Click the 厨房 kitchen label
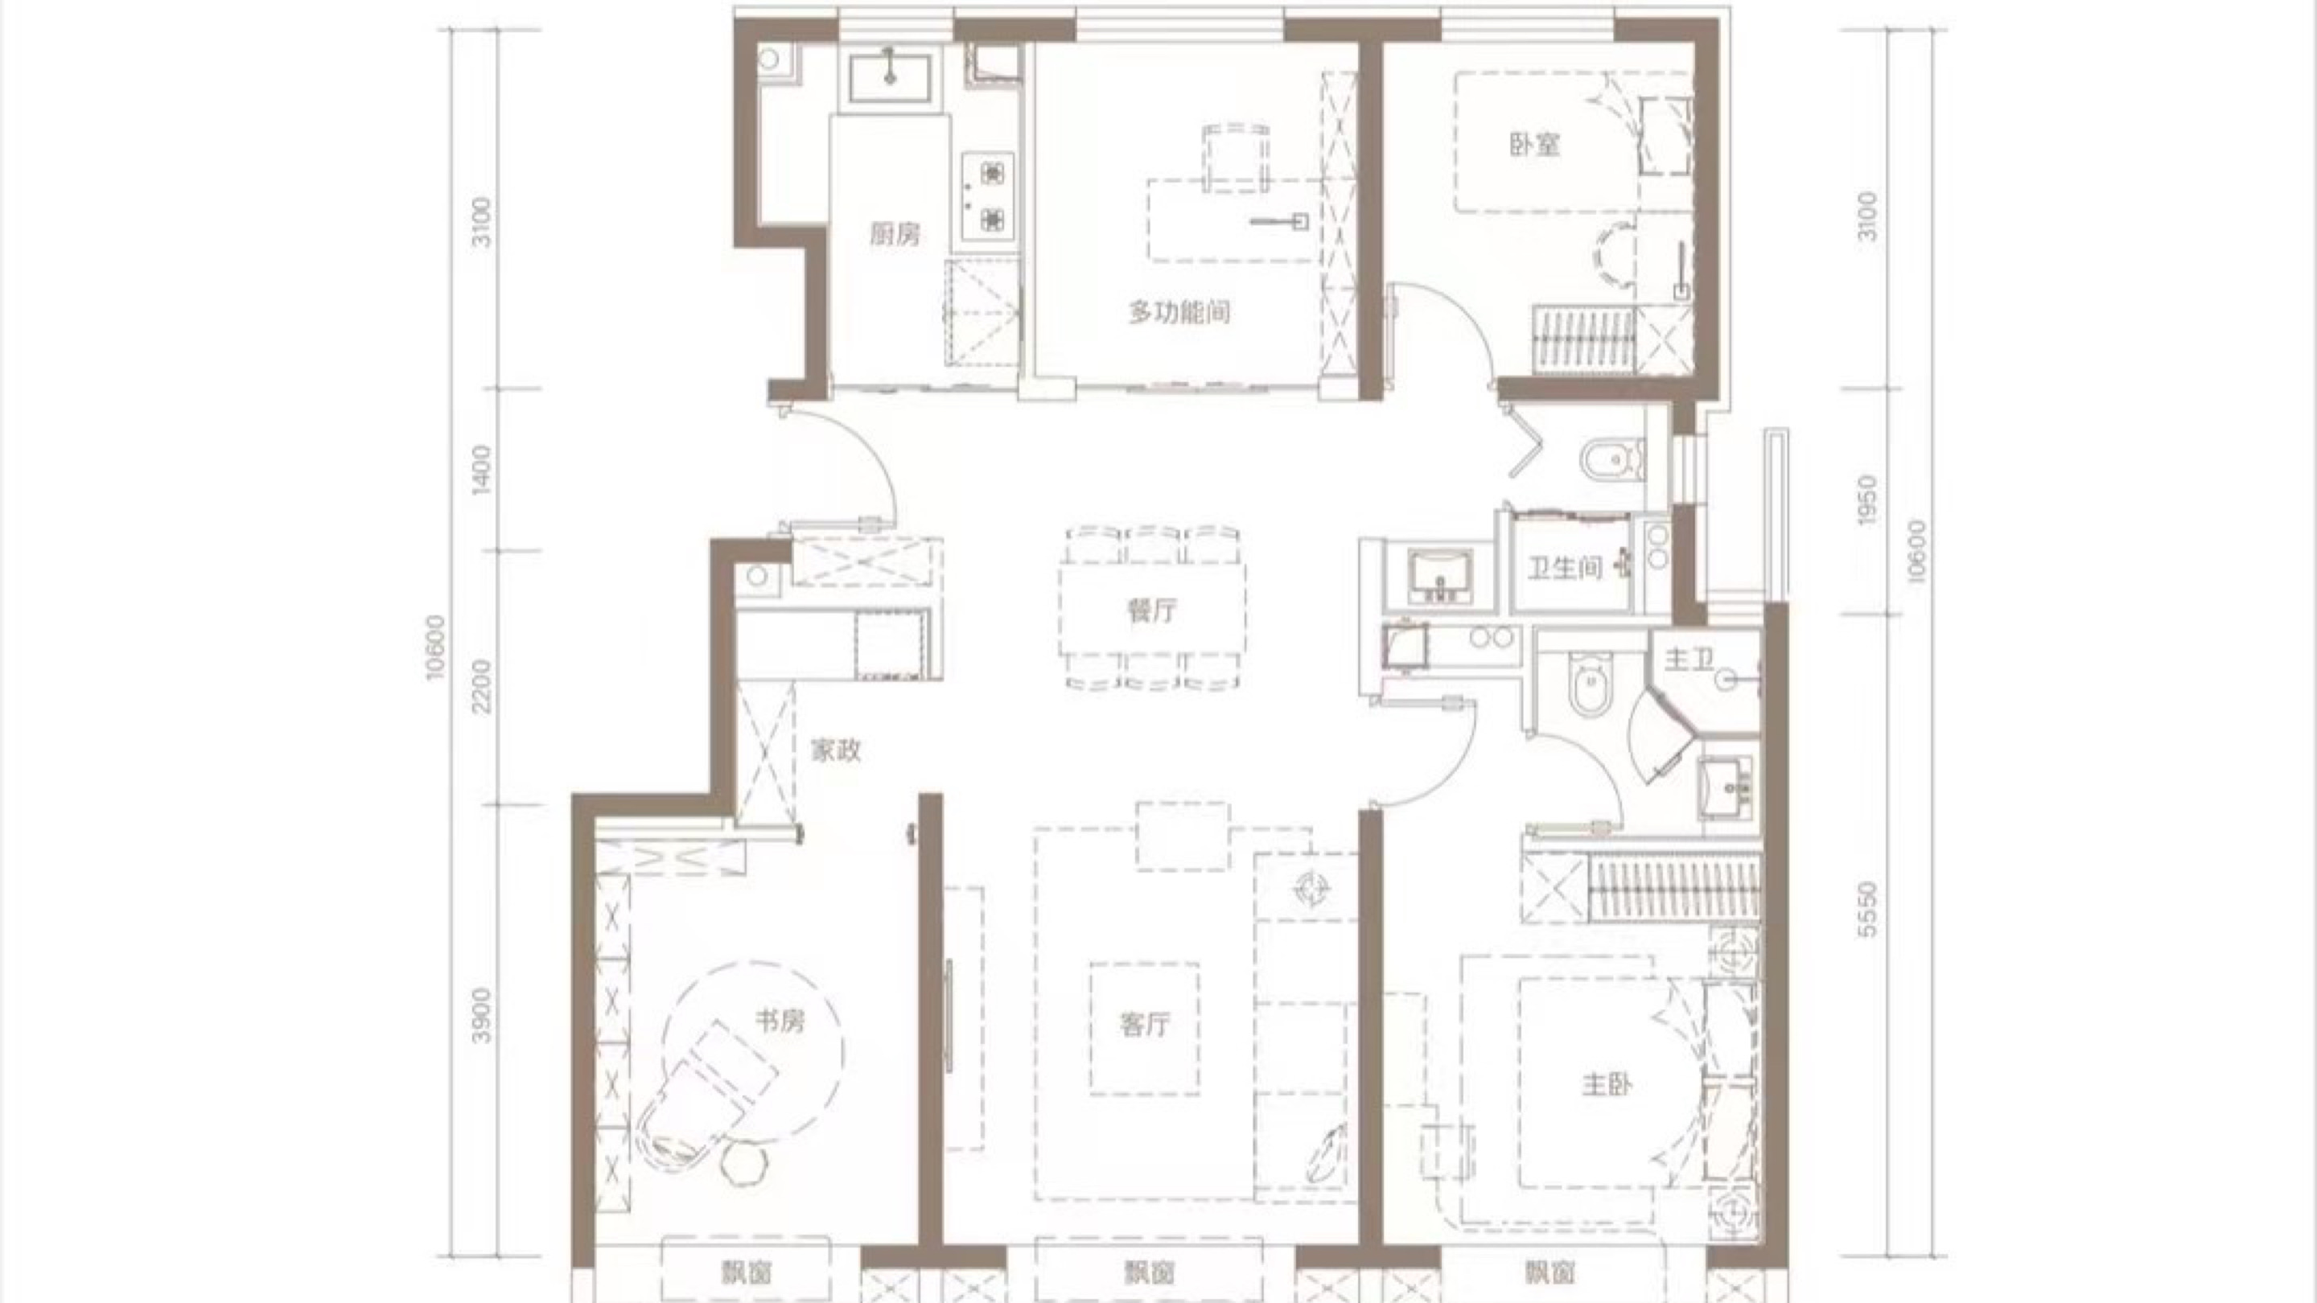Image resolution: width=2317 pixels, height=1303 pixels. [895, 236]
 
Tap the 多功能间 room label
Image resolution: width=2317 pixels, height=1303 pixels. [1179, 312]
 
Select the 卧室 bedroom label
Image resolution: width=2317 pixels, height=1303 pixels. [1534, 145]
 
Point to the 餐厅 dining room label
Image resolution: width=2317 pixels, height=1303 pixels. [1151, 610]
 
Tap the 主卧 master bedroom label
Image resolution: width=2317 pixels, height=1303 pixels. [1607, 1085]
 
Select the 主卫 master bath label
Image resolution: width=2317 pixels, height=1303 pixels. [1689, 661]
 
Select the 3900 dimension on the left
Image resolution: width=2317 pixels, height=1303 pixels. [483, 1015]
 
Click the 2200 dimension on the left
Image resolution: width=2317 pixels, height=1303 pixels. [483, 686]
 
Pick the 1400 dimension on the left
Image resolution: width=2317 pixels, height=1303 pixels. [483, 468]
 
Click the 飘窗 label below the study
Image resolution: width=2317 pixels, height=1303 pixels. [746, 1272]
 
